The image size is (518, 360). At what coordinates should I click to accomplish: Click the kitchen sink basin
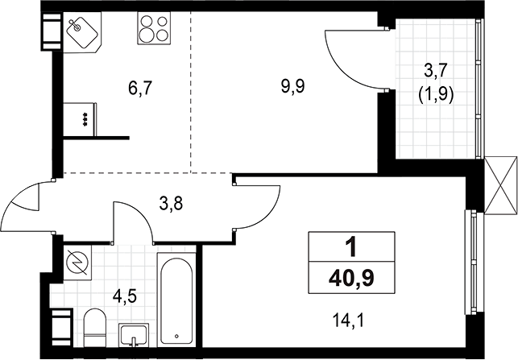tap(82, 32)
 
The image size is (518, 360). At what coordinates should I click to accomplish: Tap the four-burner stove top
tap(155, 28)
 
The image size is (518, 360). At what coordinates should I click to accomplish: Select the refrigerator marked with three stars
tap(80, 119)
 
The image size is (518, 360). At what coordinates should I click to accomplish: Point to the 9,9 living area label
tap(292, 87)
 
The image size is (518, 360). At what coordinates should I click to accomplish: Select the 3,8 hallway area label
tap(171, 204)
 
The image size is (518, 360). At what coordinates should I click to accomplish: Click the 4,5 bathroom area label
tap(125, 296)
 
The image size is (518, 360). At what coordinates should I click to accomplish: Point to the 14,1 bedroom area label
tap(349, 321)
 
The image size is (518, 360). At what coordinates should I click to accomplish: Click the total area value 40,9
tap(351, 278)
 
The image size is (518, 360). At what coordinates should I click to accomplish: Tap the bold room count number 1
tap(351, 247)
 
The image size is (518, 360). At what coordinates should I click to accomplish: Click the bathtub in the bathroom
tap(176, 300)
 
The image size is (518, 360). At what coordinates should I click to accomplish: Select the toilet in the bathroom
tap(95, 327)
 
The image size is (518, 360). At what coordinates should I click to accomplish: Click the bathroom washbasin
tap(134, 334)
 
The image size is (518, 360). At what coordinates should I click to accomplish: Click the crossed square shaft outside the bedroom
tap(501, 184)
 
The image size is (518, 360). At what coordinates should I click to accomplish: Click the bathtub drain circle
tap(176, 336)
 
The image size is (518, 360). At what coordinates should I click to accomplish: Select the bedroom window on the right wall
tap(471, 263)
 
